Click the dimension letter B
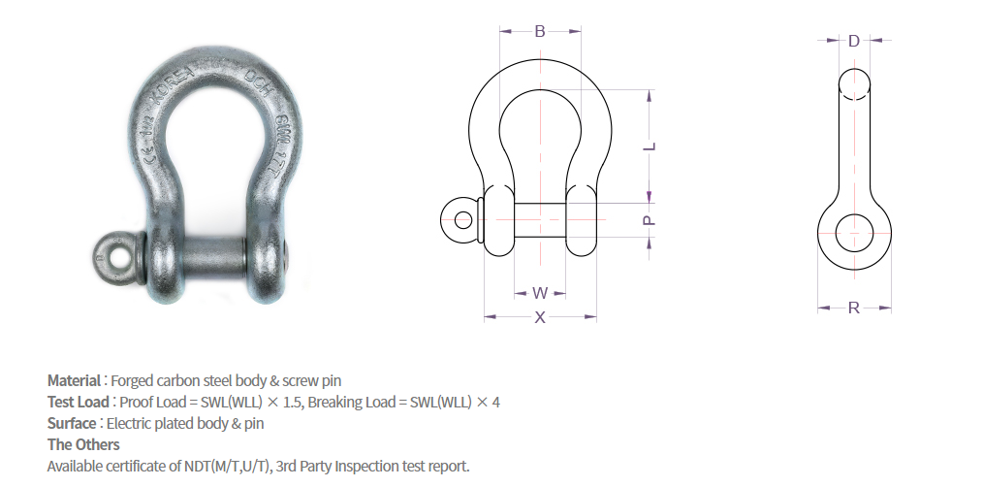point(540,31)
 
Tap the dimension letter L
point(650,146)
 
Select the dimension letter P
point(650,220)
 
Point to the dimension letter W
point(541,292)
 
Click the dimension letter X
point(541,317)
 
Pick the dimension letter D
point(854,41)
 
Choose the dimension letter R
point(854,308)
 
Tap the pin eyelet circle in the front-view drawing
point(463,219)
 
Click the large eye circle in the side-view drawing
point(854,233)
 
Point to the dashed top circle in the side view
point(854,83)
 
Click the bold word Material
point(74,380)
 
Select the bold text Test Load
point(79,402)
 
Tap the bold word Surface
point(72,423)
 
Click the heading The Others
point(83,444)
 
